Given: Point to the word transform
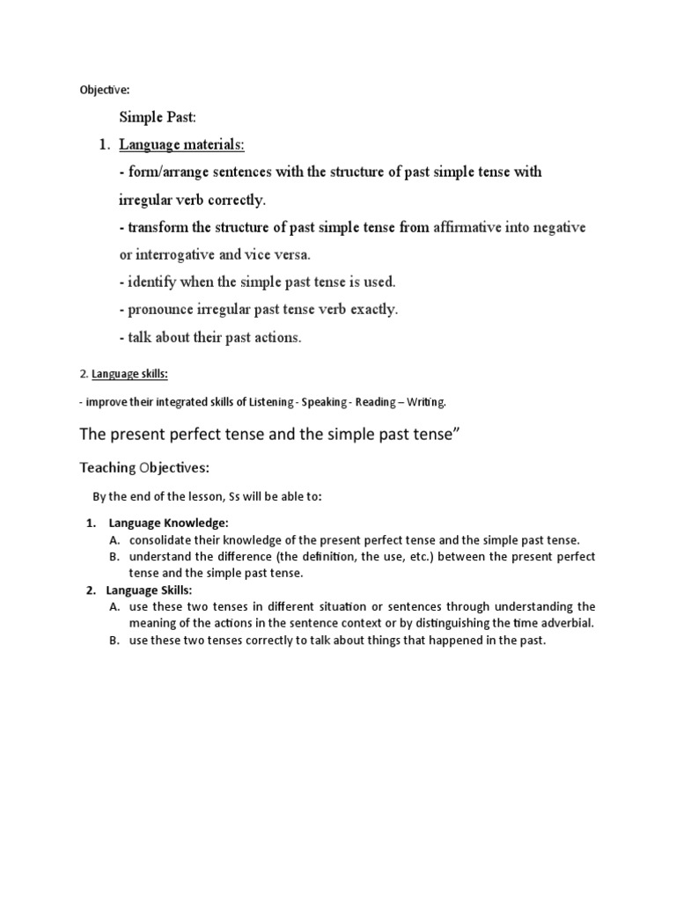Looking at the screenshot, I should click(x=158, y=228).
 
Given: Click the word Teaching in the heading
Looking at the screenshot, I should click(x=107, y=467).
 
